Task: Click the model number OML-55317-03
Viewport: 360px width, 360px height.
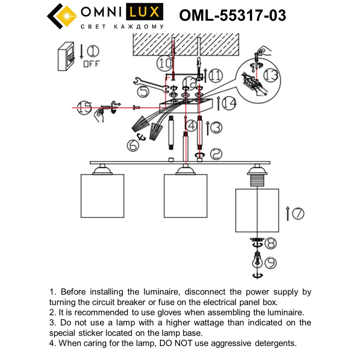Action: [x=233, y=15]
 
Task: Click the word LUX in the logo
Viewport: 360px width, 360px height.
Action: [x=144, y=12]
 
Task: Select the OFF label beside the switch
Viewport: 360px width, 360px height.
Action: [x=91, y=64]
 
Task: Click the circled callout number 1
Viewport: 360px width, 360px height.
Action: [x=93, y=51]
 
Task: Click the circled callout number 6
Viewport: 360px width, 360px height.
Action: [x=133, y=145]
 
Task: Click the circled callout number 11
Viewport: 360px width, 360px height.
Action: [x=216, y=75]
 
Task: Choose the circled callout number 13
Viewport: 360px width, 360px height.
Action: [x=270, y=75]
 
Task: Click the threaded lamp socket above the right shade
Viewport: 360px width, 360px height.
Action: [x=257, y=180]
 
